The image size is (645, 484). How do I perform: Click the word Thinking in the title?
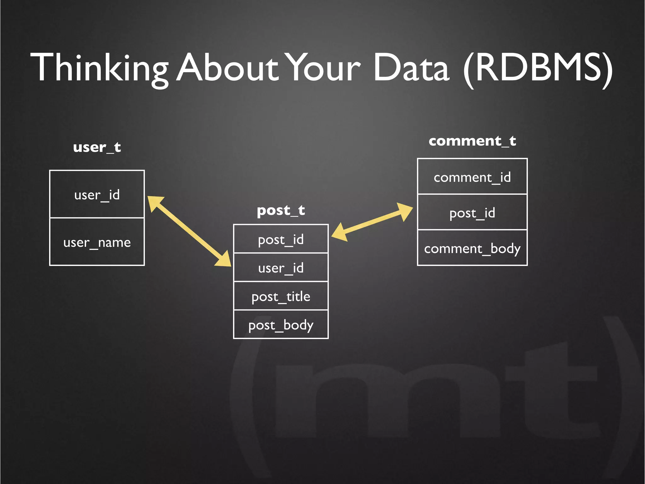click(99, 68)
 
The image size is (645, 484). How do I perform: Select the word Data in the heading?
click(411, 68)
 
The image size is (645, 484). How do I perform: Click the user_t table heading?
click(97, 147)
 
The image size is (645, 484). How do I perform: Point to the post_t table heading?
click(281, 210)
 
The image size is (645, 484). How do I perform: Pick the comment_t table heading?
click(472, 141)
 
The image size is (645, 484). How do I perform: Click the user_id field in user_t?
click(97, 194)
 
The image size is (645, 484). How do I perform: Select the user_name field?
click(97, 242)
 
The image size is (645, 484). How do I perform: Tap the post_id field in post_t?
click(281, 239)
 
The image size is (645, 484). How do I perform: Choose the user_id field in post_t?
click(281, 268)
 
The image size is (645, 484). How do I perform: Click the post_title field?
click(281, 296)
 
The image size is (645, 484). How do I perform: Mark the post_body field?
click(281, 325)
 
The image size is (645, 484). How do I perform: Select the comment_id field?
click(472, 177)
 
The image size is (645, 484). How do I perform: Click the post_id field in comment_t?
click(472, 213)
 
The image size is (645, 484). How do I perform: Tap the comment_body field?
click(472, 248)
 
